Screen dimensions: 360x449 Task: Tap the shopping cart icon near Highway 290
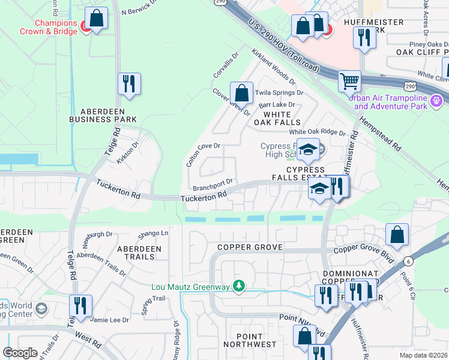[x=349, y=80]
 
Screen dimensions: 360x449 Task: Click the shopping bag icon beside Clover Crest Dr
[x=241, y=93]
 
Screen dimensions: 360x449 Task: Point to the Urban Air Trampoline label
[x=390, y=103]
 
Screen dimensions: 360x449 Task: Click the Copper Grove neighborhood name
[x=249, y=247]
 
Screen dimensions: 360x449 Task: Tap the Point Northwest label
[x=250, y=340]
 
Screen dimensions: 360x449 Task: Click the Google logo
[x=20, y=353]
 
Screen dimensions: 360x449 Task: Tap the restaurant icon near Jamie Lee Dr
[x=79, y=305]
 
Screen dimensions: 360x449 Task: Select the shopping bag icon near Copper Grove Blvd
[x=397, y=235]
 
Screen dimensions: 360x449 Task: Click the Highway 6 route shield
[x=408, y=262]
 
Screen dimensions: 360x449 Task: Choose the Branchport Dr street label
[x=212, y=183]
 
